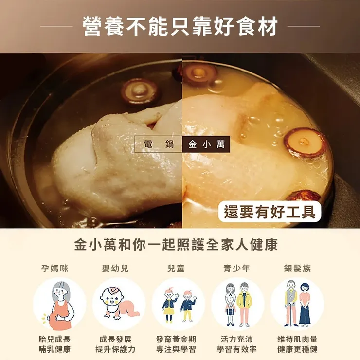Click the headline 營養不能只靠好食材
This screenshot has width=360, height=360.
180,25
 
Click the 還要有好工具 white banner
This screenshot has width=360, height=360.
269,212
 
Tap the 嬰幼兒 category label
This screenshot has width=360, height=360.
115,268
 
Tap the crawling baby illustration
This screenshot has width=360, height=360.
119,305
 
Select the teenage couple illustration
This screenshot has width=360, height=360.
238,305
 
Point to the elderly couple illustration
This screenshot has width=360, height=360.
297,305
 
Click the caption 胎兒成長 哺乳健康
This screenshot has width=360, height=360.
54,344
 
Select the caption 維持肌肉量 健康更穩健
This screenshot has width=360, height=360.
297,344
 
